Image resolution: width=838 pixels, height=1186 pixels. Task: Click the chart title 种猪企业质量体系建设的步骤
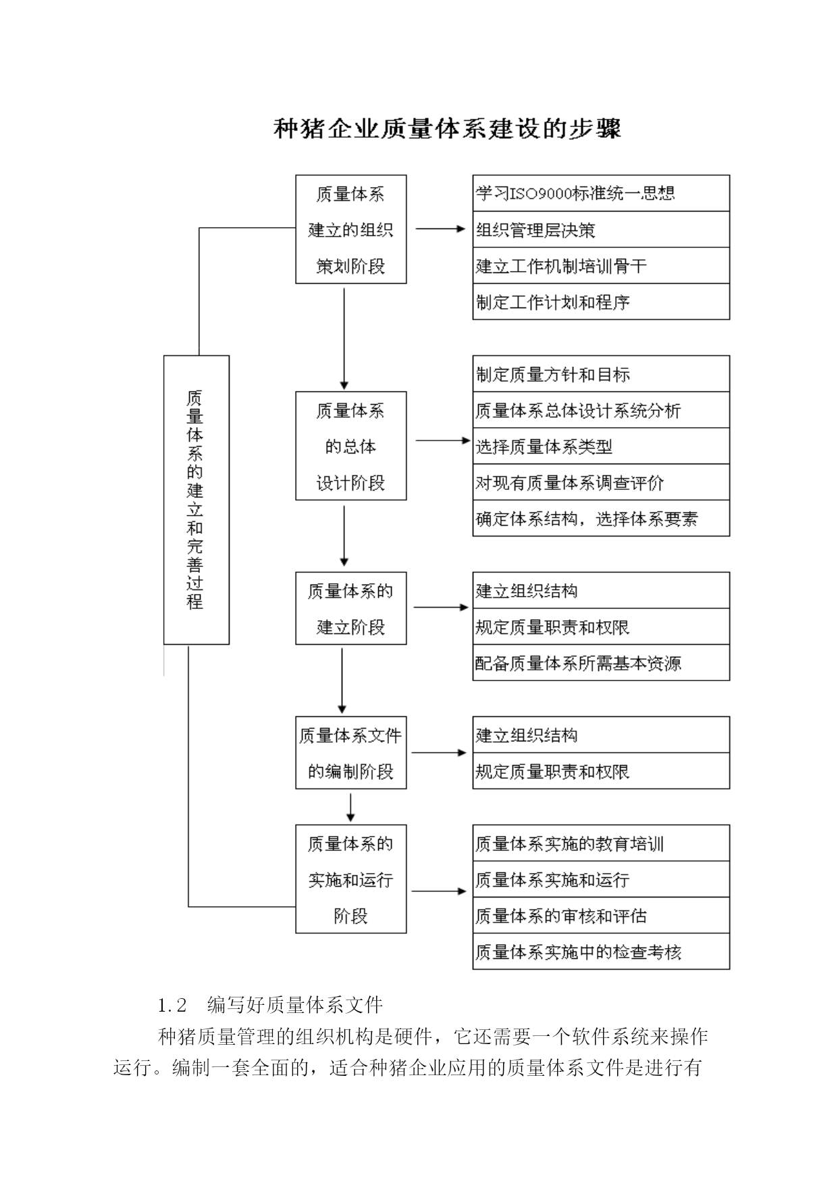[x=447, y=128]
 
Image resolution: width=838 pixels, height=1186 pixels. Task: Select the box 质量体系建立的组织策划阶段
[x=351, y=229]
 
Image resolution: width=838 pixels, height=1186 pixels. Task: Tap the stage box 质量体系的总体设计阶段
[x=351, y=446]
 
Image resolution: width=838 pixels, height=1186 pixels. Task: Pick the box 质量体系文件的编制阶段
[x=351, y=753]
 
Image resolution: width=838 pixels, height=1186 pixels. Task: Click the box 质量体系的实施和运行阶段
[x=351, y=879]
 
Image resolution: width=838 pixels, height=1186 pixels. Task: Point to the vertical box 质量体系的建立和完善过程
[x=197, y=500]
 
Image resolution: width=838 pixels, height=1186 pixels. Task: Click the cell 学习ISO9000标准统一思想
[x=601, y=193]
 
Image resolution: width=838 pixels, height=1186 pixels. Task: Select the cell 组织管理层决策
[x=601, y=229]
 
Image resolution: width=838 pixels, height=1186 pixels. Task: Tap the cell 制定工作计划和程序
[x=601, y=301]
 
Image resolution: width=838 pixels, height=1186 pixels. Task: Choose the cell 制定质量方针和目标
[x=601, y=374]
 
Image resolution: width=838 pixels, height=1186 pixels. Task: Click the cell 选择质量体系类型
[x=601, y=446]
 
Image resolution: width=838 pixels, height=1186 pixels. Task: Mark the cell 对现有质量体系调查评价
[x=601, y=483]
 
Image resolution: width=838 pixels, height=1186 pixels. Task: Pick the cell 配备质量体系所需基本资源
[x=601, y=662]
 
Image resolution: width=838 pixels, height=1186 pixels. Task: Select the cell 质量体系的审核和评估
[x=601, y=916]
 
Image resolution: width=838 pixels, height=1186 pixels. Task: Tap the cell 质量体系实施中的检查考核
[x=601, y=952]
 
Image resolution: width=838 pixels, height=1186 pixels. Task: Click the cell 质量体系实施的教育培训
[x=601, y=843]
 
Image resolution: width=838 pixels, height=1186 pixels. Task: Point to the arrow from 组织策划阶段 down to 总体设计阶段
[x=344, y=339]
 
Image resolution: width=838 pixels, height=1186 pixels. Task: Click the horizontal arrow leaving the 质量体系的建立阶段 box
[x=441, y=608]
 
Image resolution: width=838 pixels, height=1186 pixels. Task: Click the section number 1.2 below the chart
[x=172, y=1006]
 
